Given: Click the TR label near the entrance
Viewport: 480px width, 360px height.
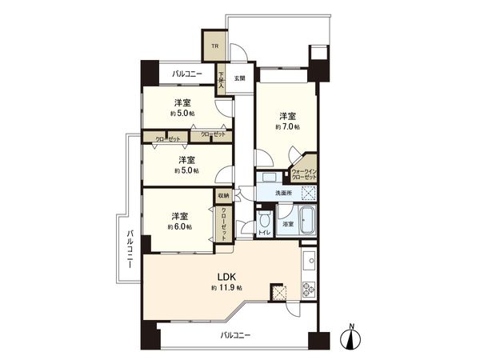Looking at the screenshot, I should (214, 46).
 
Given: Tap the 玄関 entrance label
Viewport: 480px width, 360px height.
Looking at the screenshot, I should (239, 78).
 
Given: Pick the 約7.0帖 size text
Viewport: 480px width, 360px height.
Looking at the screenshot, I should (288, 127).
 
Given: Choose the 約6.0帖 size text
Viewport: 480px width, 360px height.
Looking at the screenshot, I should (179, 227).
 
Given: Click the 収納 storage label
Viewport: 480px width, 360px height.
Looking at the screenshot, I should (222, 194).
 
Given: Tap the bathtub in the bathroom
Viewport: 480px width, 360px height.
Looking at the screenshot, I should (309, 218).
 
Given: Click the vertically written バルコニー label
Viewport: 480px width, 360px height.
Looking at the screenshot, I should (129, 250).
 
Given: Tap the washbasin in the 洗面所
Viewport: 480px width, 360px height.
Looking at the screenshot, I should (267, 178).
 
